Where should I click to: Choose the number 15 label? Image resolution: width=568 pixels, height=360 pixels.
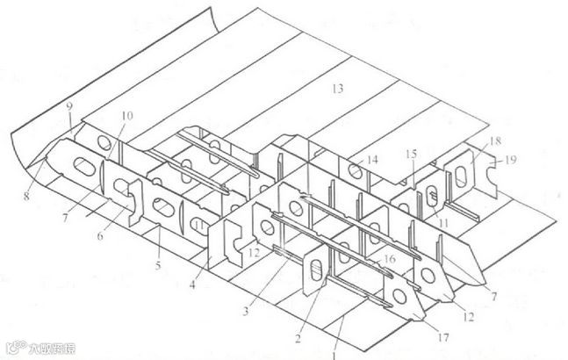click(411, 155)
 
